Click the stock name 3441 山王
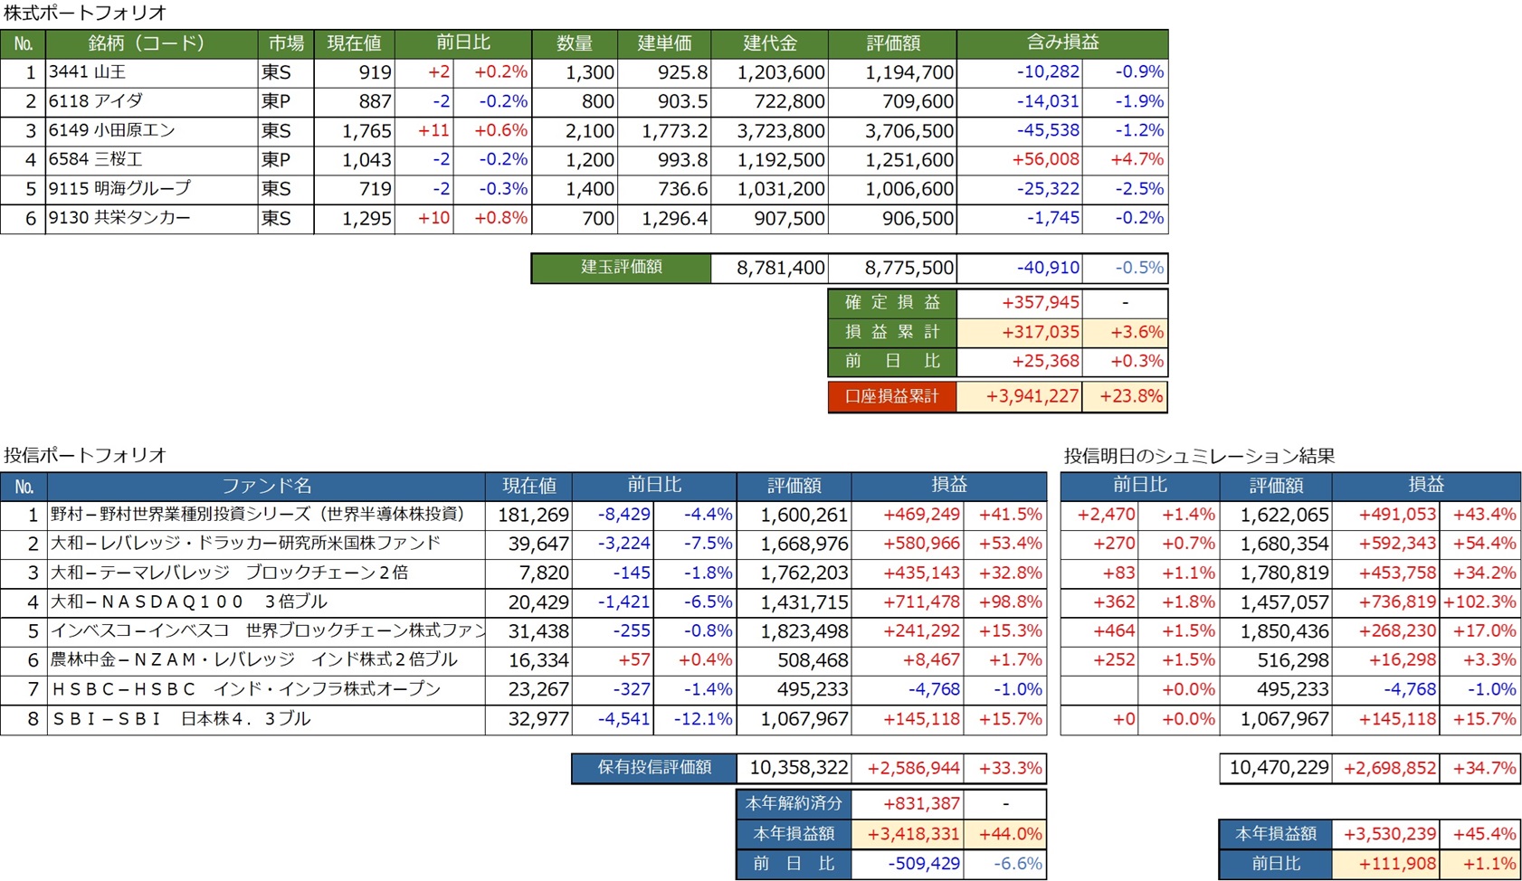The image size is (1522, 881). pos(88,72)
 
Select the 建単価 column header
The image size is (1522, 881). pos(664,43)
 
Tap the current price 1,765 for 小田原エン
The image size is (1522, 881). pos(366,131)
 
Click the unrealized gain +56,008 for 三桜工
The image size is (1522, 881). pos(1045,160)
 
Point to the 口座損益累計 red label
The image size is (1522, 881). pos(891,397)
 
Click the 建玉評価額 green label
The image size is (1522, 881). pos(621,268)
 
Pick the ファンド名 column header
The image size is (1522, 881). pos(266,486)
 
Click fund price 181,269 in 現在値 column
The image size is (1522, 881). pos(533,515)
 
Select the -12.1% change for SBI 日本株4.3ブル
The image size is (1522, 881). pos(703,719)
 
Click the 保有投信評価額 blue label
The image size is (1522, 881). pos(653,768)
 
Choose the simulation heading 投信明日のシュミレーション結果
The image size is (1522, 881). pos(1199,456)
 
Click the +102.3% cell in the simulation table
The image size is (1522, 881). pos(1479,602)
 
